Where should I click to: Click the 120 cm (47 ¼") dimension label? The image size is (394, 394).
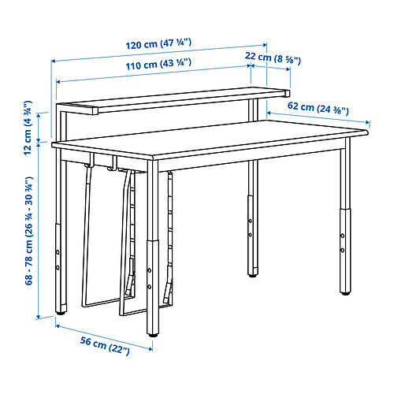[158, 44]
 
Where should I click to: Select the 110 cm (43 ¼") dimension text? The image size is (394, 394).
[158, 65]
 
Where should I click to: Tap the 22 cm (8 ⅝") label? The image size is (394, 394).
[273, 58]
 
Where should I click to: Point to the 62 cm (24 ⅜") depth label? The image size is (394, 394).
[318, 108]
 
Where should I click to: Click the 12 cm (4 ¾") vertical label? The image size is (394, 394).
[28, 128]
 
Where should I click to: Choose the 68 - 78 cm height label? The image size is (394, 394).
[28, 231]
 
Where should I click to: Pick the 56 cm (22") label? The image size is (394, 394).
[105, 346]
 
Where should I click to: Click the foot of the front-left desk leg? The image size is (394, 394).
[153, 335]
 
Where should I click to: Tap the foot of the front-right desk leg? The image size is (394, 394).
[345, 293]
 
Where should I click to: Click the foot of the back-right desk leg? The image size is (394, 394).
[253, 275]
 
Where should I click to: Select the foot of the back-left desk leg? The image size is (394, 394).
[61, 313]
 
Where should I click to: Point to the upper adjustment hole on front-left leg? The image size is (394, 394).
[150, 270]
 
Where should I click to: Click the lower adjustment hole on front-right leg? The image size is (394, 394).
[343, 250]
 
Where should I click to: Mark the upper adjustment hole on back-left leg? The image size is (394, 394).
[58, 252]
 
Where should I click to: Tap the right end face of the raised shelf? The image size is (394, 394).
[288, 94]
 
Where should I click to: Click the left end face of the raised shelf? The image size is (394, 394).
[95, 111]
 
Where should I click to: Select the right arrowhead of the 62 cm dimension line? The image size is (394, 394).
[368, 122]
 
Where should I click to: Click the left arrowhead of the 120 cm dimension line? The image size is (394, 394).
[53, 61]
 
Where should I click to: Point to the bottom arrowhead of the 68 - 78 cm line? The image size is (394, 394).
[39, 317]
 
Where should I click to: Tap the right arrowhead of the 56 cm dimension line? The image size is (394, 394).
[151, 349]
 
